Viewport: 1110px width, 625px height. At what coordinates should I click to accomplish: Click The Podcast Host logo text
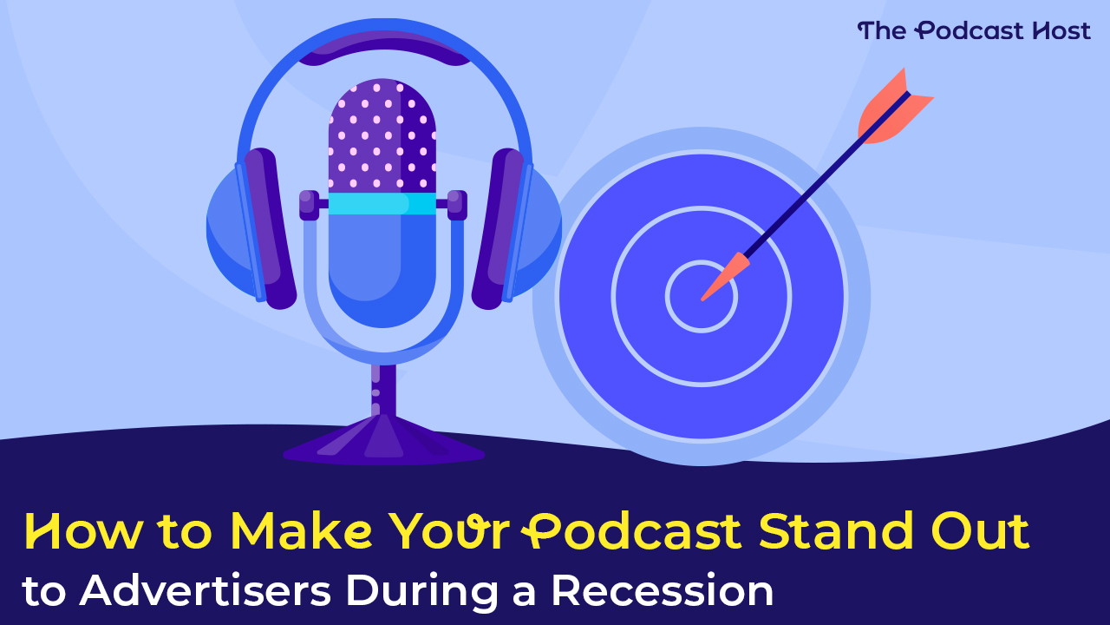(974, 30)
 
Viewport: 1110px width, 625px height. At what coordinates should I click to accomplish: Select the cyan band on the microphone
(382, 203)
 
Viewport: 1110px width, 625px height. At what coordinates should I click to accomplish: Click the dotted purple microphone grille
(382, 135)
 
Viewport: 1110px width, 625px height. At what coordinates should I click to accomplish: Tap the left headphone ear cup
(251, 228)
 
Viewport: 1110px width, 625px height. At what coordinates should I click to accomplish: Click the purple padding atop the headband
(384, 48)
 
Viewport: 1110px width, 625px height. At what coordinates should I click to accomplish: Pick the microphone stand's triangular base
(383, 440)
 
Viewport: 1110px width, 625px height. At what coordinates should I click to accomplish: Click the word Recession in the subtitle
(663, 590)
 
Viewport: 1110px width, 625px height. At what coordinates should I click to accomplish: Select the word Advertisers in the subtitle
(206, 590)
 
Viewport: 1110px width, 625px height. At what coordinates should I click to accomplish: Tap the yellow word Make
(301, 531)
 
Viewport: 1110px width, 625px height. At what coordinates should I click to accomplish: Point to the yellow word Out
(980, 530)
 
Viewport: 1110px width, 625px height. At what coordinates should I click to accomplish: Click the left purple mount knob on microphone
(310, 205)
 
